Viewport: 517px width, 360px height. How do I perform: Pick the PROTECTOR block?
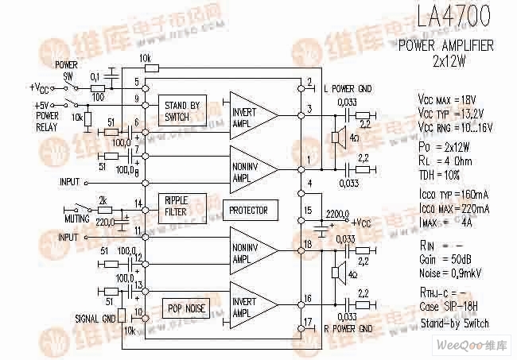pos(249,211)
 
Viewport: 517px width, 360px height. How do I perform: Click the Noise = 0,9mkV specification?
pos(452,274)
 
